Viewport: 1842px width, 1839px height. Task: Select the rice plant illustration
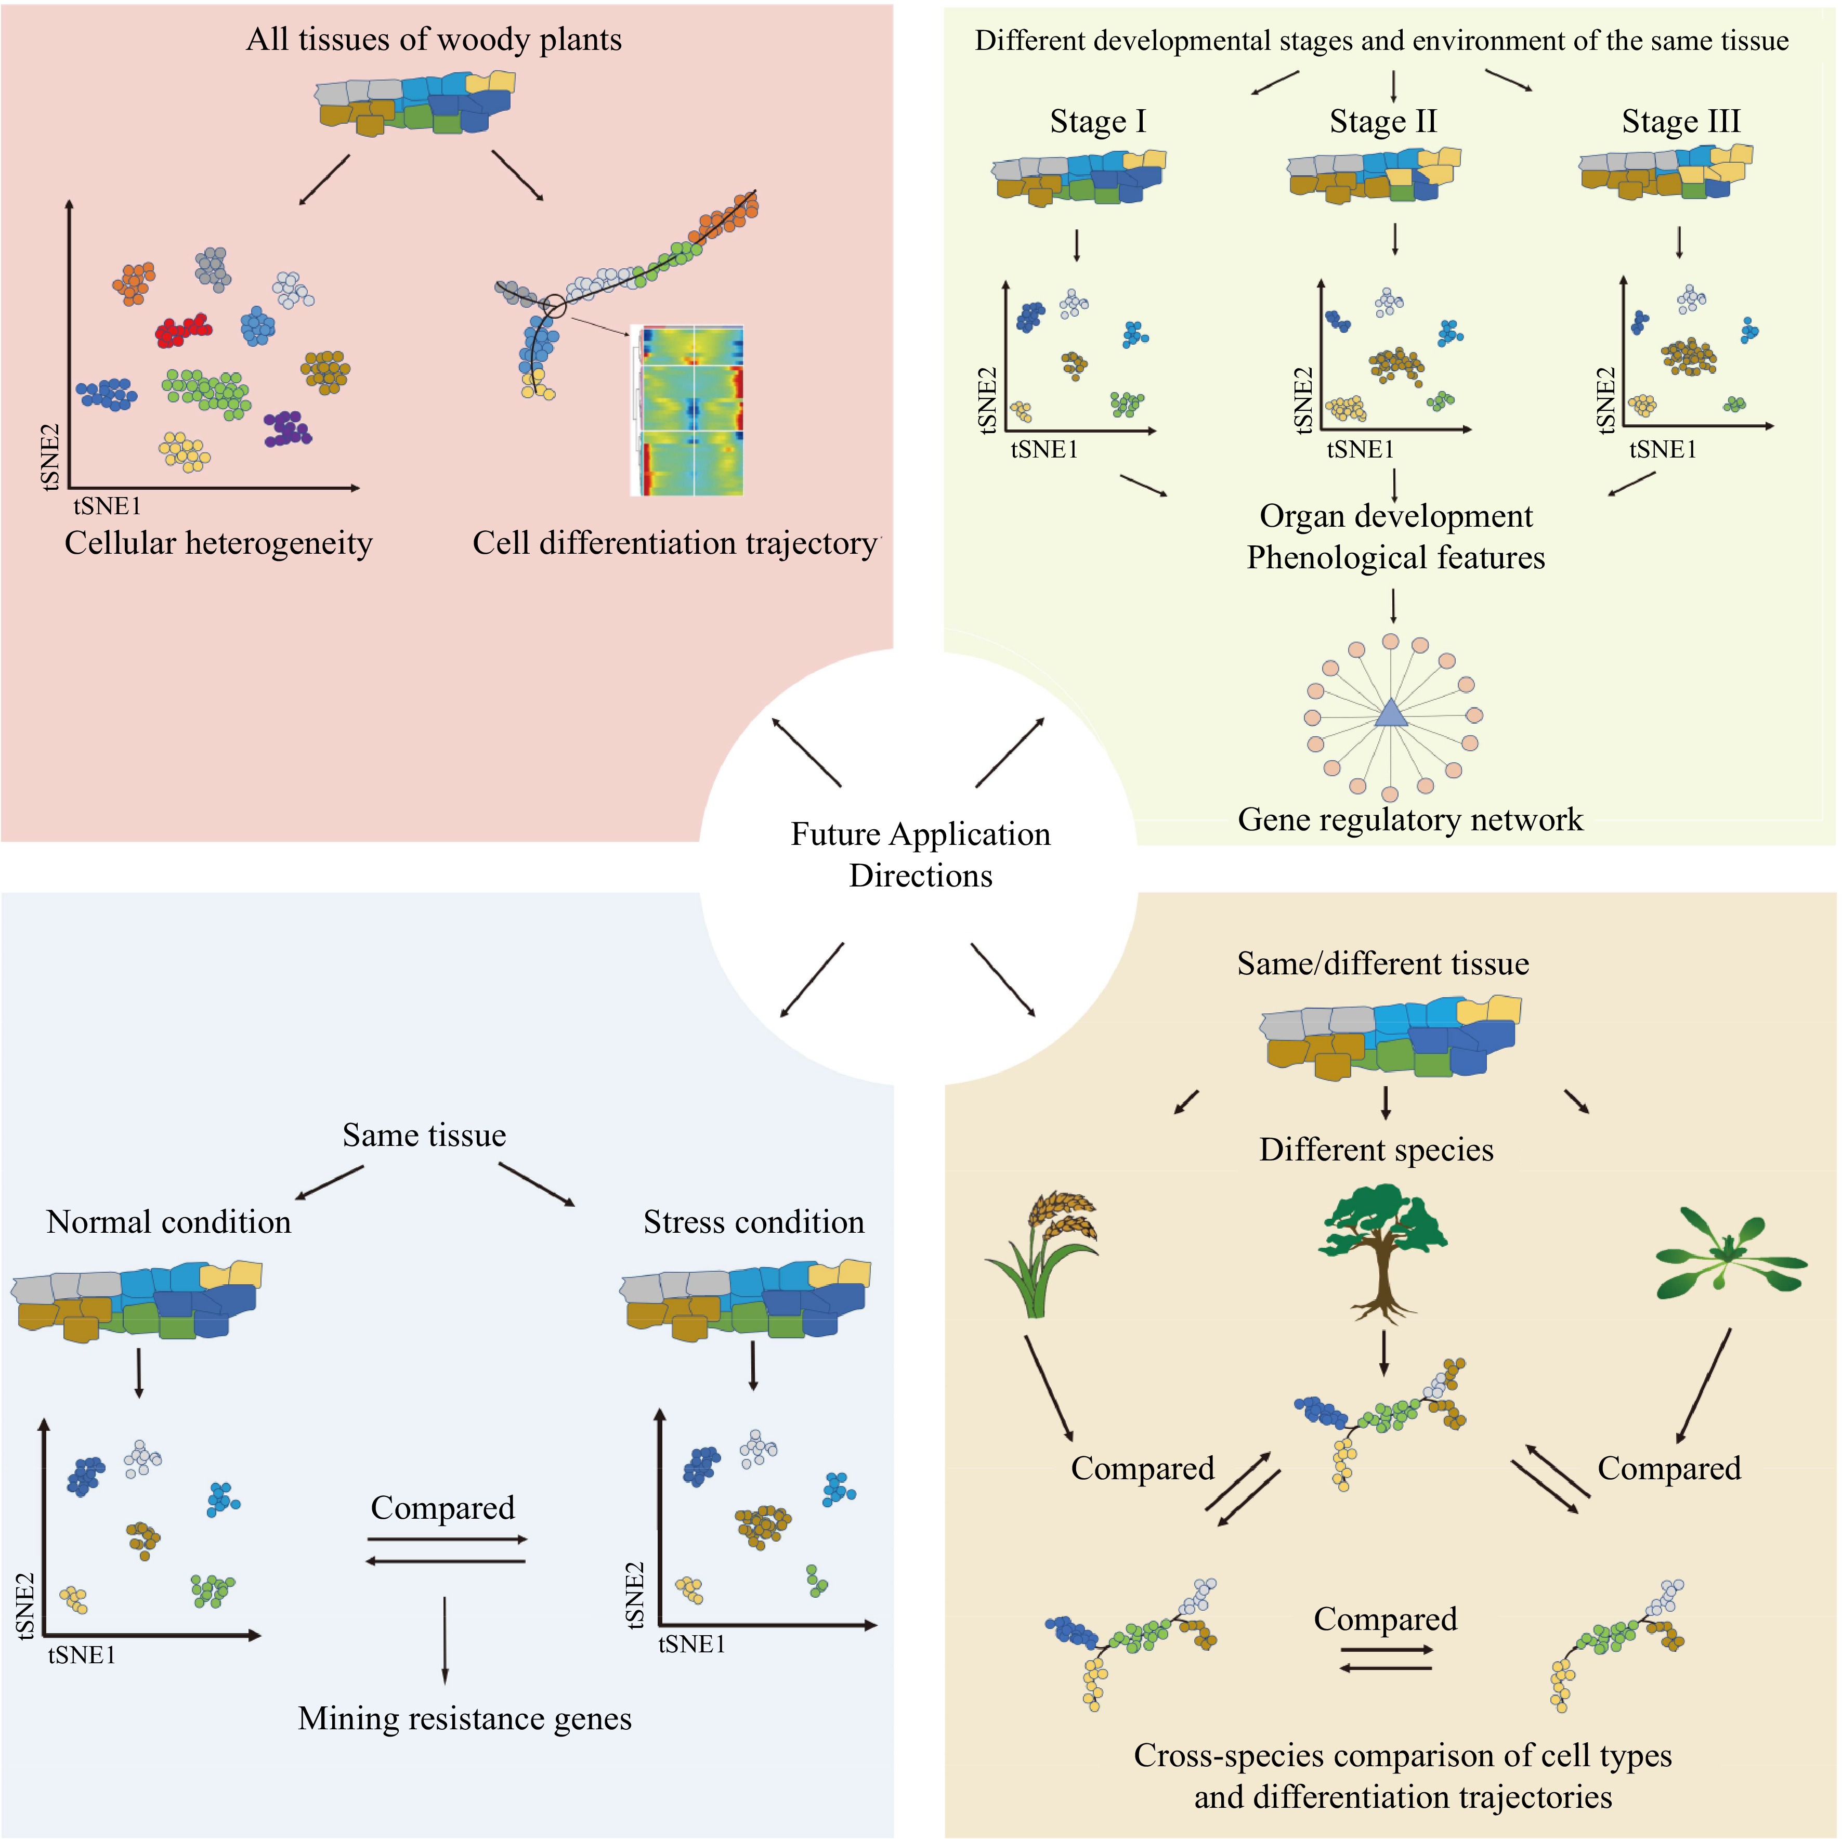pos(1042,1254)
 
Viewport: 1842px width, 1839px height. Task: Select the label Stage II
pos(1382,122)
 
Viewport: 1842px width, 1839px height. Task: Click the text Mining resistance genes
pos(464,1718)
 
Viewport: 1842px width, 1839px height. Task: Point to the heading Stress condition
pos(753,1222)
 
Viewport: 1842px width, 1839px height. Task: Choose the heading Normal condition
pos(169,1222)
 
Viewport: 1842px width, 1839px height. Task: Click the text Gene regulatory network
pos(1409,820)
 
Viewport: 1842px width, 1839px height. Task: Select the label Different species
pos(1376,1150)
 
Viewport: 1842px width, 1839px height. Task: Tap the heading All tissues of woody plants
pos(434,40)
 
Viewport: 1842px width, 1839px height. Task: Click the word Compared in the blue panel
pos(442,1507)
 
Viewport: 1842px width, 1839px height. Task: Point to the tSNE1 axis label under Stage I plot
pos(1044,450)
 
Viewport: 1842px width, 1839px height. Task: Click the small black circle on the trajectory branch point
pos(554,306)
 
